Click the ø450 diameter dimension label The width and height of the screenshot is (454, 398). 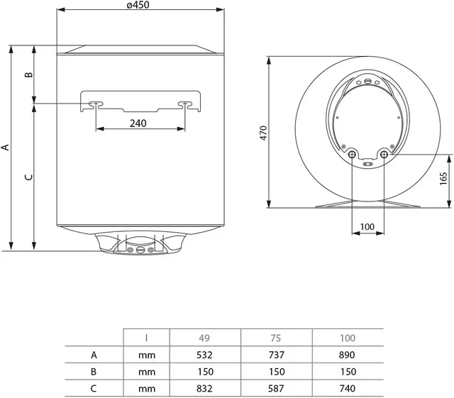point(138,5)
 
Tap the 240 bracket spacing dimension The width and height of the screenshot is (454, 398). point(138,123)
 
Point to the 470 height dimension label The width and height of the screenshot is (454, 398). point(263,133)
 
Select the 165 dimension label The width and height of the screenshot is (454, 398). point(443,179)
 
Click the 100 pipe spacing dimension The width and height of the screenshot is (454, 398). point(367,226)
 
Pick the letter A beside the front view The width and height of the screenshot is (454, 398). point(6,147)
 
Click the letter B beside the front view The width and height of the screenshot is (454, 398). point(28,74)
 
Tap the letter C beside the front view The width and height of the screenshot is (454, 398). point(28,177)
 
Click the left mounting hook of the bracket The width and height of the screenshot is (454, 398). point(96,104)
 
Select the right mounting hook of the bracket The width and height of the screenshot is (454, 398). point(185,104)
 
